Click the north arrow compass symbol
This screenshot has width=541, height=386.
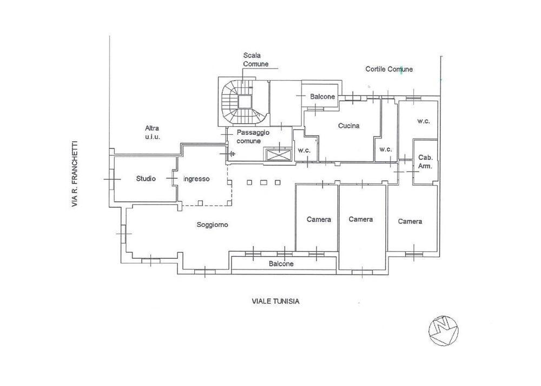click(x=444, y=330)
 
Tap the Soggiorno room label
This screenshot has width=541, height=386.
click(x=212, y=225)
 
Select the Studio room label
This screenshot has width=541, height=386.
click(x=146, y=179)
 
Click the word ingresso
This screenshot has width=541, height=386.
click(x=196, y=179)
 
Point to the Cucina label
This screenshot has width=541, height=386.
click(x=348, y=126)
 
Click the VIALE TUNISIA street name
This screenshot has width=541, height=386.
click(x=276, y=301)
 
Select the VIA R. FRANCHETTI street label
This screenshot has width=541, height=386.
click(x=75, y=174)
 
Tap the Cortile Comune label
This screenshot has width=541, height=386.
click(x=389, y=69)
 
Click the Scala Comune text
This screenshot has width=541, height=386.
click(x=256, y=60)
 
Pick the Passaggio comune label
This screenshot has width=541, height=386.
click(x=253, y=137)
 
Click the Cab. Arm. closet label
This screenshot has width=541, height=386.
click(x=425, y=162)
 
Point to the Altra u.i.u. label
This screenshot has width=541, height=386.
click(x=152, y=132)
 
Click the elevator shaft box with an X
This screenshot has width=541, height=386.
click(x=278, y=154)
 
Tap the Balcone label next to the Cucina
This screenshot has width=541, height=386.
click(x=322, y=97)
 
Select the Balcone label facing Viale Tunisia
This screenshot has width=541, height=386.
click(x=281, y=264)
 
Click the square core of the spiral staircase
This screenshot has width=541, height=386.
click(x=245, y=102)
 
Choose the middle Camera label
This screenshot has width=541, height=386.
click(x=360, y=219)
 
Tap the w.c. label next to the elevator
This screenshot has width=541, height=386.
click(x=304, y=150)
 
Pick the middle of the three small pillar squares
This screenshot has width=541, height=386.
click(x=263, y=182)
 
